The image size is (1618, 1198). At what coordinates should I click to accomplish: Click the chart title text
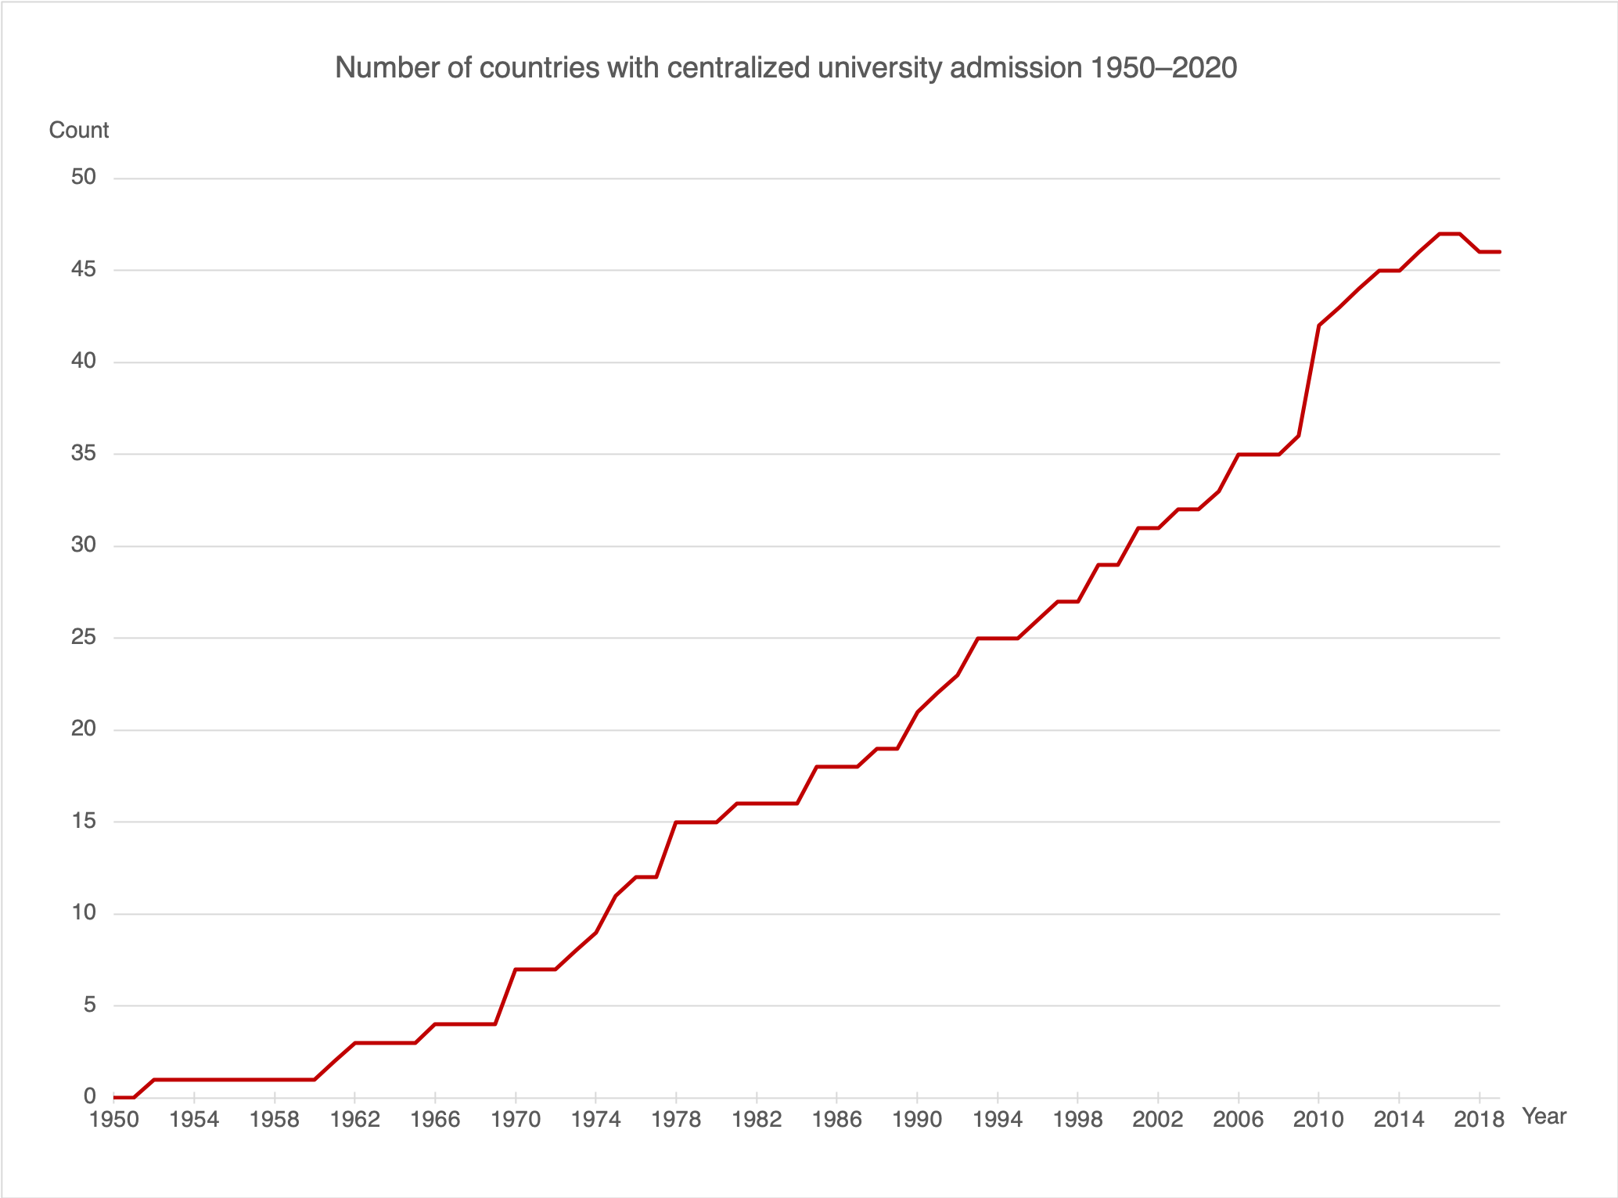click(x=786, y=68)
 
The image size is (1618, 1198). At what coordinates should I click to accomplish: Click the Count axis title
click(x=78, y=130)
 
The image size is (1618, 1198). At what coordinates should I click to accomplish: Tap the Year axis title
click(x=1544, y=1117)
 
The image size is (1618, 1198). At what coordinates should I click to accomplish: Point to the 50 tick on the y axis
click(x=84, y=178)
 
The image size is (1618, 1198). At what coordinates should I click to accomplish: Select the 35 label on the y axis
click(x=84, y=454)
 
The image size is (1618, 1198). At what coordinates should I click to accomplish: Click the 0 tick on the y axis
click(x=90, y=1096)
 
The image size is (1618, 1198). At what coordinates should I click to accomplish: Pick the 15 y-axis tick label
click(x=84, y=821)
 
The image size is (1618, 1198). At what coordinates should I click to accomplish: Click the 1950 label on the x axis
click(x=115, y=1120)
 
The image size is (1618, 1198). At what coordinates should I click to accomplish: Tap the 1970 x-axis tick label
click(x=516, y=1120)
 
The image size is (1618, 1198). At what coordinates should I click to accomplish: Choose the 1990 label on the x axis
click(x=917, y=1120)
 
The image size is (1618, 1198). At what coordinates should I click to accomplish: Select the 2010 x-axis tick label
click(x=1318, y=1120)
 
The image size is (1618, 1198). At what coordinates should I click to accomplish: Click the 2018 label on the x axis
click(x=1479, y=1120)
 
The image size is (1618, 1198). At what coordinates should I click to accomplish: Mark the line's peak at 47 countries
click(x=1449, y=234)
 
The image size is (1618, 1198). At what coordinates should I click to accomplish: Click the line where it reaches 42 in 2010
click(x=1319, y=326)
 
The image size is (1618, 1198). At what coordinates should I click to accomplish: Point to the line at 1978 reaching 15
click(x=676, y=822)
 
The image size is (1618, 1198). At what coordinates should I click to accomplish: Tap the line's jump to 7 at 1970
click(x=516, y=970)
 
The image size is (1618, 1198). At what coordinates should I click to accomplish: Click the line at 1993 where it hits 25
click(x=977, y=639)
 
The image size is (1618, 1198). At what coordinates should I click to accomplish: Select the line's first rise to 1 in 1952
click(x=154, y=1080)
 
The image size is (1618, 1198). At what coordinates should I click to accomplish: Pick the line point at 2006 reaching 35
click(x=1239, y=455)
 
